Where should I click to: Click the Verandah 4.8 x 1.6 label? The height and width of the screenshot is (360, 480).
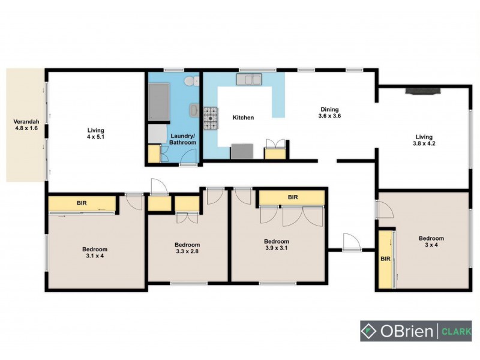click(x=26, y=125)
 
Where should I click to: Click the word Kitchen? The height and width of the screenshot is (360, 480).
click(x=244, y=118)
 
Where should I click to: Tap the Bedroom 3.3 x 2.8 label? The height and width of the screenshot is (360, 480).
click(x=187, y=248)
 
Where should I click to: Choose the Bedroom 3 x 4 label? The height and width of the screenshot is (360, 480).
click(x=431, y=242)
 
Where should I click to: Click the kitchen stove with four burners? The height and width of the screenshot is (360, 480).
click(x=210, y=118)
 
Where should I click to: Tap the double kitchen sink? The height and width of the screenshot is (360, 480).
click(x=249, y=80)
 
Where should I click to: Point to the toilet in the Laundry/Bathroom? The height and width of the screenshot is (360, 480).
click(x=189, y=82)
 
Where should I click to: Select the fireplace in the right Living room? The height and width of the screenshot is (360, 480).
click(x=423, y=91)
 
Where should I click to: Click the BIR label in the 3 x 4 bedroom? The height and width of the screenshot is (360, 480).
click(x=385, y=259)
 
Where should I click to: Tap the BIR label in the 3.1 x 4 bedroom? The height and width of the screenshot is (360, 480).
click(x=82, y=203)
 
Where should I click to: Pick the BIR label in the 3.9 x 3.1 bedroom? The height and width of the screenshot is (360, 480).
click(x=292, y=197)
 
